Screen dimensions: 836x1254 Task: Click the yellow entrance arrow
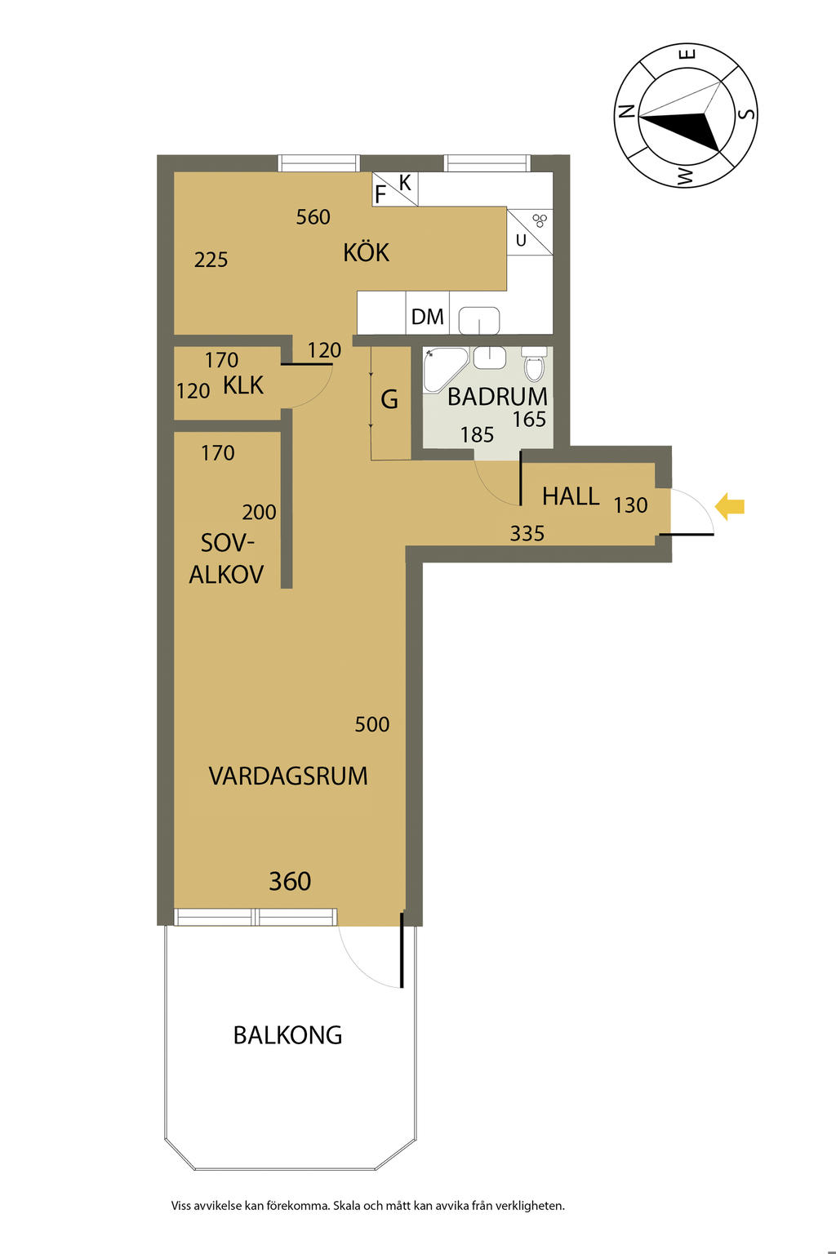[730, 507]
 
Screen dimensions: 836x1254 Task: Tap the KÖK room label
[367, 252]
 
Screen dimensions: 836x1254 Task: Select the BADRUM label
[497, 396]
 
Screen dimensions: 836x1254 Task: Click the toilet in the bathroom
[534, 364]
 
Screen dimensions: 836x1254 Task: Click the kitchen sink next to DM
[479, 320]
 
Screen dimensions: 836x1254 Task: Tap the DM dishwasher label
[427, 317]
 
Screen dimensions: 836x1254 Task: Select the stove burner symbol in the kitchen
[539, 220]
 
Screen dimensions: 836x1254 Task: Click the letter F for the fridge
[380, 195]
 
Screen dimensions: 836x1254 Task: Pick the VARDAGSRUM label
[288, 776]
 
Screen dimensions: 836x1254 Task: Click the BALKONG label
[288, 1035]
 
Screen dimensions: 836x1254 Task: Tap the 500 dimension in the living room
[372, 724]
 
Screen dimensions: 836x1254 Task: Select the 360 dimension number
[290, 881]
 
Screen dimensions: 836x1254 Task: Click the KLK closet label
[243, 385]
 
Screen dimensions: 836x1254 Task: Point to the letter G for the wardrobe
[389, 400]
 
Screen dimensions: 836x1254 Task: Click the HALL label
[571, 496]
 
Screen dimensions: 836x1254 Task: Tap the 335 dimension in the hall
[527, 533]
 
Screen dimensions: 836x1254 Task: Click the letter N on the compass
[626, 111]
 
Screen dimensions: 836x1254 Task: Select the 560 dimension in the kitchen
[313, 216]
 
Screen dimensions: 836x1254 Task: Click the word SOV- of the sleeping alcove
[227, 543]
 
